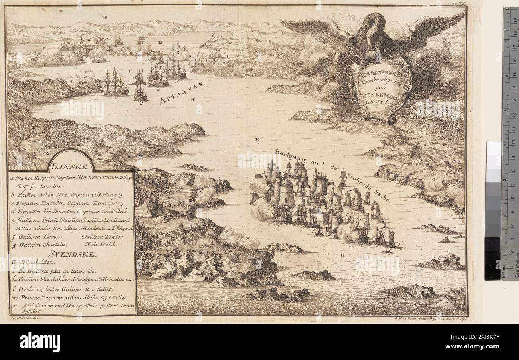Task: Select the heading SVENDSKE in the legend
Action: tap(71, 254)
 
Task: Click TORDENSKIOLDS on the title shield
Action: tap(378, 73)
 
